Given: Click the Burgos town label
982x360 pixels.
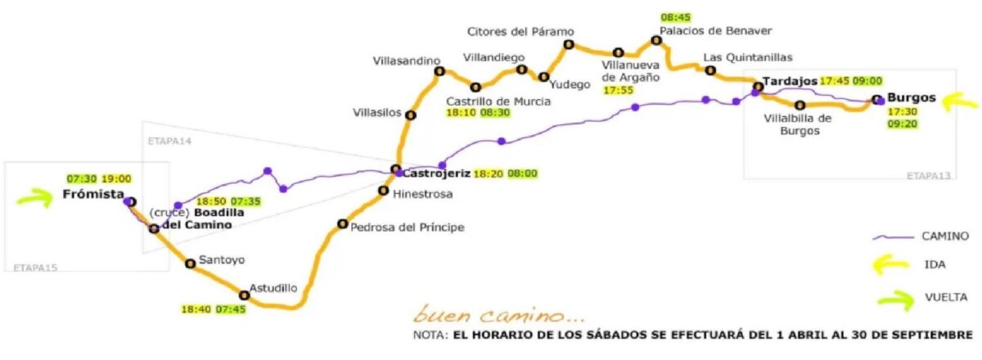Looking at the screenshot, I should (910, 97).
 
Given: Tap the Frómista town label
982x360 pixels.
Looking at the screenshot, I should (92, 195).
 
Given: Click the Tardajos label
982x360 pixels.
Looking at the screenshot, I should (789, 81).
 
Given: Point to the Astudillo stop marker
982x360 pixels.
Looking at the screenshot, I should (244, 295).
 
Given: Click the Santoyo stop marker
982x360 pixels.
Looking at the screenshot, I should (190, 263).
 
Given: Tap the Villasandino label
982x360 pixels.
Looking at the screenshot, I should (407, 61).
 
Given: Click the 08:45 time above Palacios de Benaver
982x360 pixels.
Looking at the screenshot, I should (677, 16).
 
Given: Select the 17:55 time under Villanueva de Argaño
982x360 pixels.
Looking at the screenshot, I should (619, 91).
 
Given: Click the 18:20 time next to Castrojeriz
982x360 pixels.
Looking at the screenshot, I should (490, 173).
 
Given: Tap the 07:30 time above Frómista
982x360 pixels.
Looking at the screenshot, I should (83, 178).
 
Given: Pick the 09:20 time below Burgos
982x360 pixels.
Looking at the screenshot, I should (903, 124).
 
